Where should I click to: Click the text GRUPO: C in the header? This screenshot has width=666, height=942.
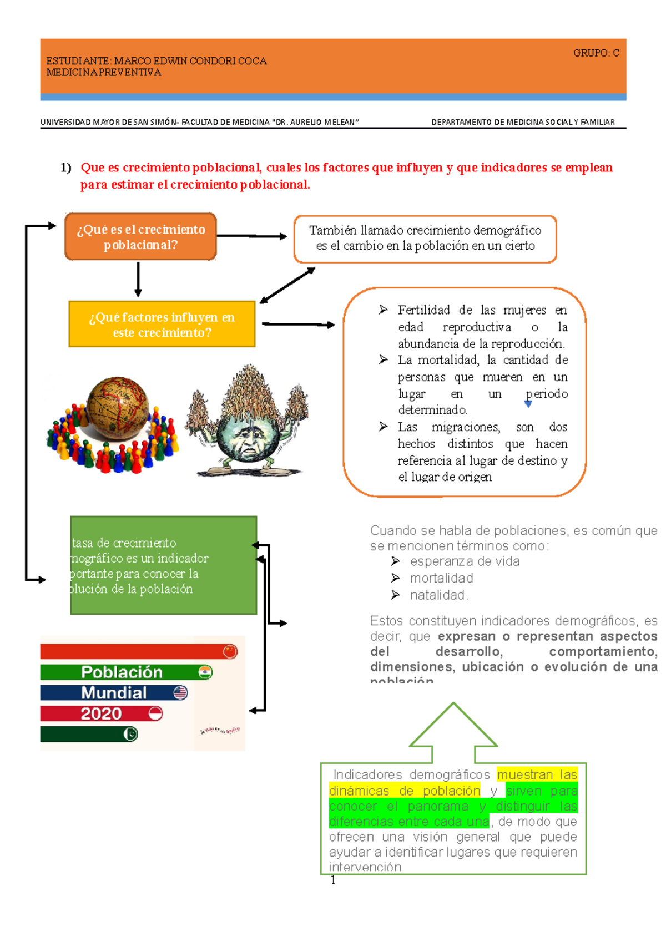[596, 53]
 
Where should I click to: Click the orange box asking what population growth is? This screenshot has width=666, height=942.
[140, 237]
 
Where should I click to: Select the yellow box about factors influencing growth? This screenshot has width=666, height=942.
[162, 325]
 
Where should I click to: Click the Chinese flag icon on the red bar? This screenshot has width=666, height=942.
[230, 651]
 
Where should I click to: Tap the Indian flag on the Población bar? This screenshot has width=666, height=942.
[205, 672]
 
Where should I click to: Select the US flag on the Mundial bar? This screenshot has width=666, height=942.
[180, 693]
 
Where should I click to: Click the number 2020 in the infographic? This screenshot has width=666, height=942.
[101, 714]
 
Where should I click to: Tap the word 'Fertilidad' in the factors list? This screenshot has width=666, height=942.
[423, 310]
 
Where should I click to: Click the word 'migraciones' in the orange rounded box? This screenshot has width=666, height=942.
[466, 427]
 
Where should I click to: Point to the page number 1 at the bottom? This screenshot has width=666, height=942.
[333, 880]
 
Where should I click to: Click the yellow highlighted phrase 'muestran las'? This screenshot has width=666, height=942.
[537, 774]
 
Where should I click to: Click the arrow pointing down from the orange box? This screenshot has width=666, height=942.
[138, 280]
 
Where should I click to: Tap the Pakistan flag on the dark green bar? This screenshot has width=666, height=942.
[130, 735]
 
